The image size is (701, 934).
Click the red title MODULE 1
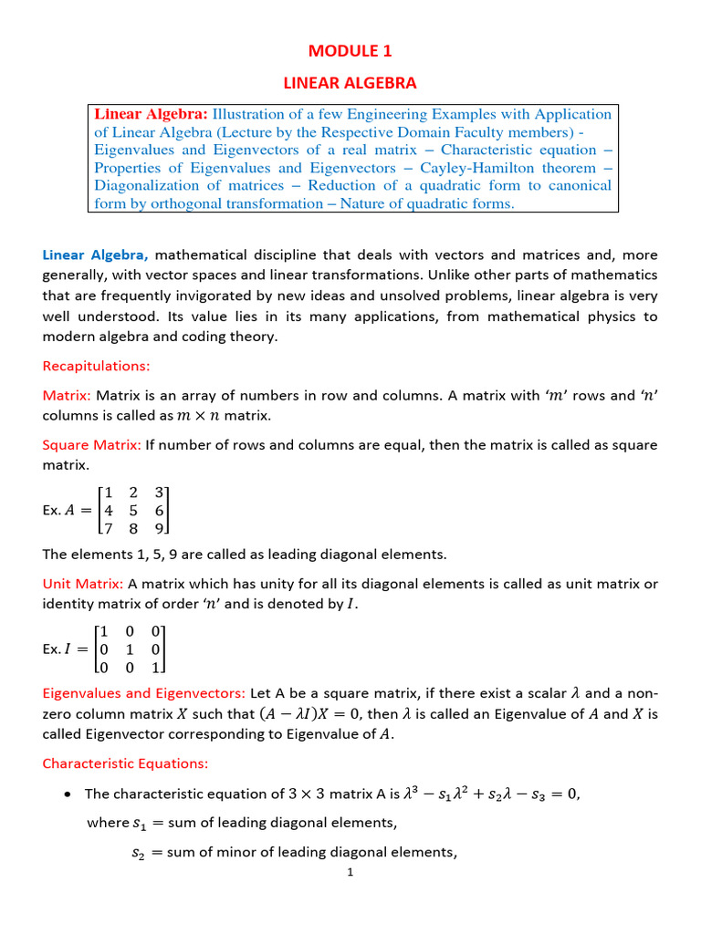click(x=350, y=52)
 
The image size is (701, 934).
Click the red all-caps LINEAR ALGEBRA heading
click(x=350, y=83)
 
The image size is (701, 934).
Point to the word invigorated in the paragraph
click(x=209, y=295)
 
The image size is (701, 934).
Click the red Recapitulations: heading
click(x=96, y=366)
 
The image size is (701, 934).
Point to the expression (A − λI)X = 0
click(x=309, y=714)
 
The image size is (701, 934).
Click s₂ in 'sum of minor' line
click(x=139, y=854)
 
